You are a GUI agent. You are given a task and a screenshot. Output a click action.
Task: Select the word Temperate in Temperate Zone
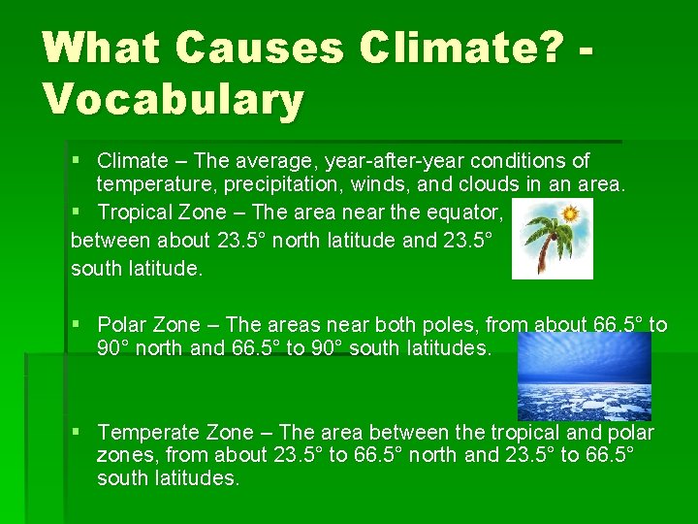pyautogui.click(x=148, y=433)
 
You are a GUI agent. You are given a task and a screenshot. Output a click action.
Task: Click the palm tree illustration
pyautogui.click(x=551, y=240)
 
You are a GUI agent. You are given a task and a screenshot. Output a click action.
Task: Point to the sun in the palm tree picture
pyautogui.click(x=572, y=212)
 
